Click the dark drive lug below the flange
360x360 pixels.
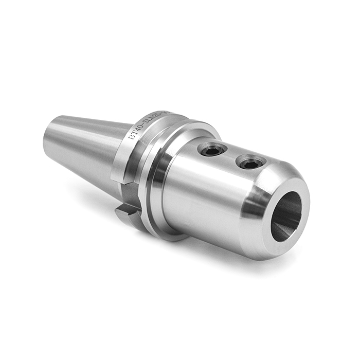(126, 212)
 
